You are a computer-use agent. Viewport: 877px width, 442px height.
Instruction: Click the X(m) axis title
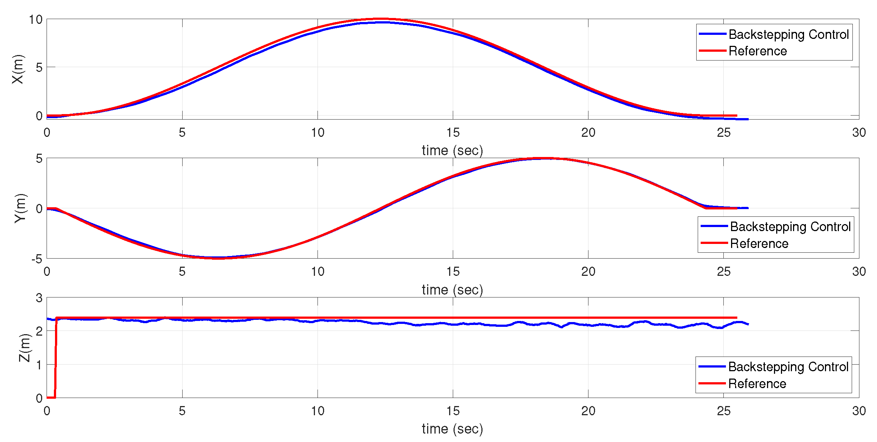point(18,69)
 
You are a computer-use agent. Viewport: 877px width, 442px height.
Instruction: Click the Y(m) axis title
point(21,208)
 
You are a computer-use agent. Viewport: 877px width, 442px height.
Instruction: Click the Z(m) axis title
point(24,347)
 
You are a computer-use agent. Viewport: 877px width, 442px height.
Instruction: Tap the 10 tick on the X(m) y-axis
point(36,20)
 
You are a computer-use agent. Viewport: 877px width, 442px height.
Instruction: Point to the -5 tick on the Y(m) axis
point(37,259)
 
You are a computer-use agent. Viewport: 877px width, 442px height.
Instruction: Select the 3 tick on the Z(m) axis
point(39,298)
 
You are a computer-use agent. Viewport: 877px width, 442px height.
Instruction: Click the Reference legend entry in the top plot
point(757,51)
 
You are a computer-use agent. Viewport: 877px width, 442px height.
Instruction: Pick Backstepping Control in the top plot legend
point(788,34)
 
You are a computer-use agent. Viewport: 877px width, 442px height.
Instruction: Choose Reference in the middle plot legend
point(759,244)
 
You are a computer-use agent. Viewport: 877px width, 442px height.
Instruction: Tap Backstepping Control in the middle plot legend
point(790,227)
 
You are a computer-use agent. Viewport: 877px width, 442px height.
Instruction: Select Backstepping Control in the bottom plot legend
point(788,367)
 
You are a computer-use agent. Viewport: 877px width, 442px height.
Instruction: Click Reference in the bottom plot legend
point(757,384)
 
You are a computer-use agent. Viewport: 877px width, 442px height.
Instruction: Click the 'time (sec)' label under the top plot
point(452,150)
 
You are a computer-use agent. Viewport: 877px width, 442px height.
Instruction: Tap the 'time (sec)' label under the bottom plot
point(452,429)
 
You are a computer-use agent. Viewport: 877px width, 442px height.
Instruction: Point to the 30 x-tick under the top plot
point(859,132)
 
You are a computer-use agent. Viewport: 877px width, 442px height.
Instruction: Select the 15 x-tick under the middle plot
point(453,271)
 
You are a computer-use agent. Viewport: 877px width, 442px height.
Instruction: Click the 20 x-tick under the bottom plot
point(588,411)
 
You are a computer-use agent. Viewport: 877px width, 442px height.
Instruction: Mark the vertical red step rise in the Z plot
point(56,358)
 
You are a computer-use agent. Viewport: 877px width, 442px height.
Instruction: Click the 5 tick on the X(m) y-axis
point(39,67)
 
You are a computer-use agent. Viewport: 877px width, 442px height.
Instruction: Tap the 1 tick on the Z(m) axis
point(39,365)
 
